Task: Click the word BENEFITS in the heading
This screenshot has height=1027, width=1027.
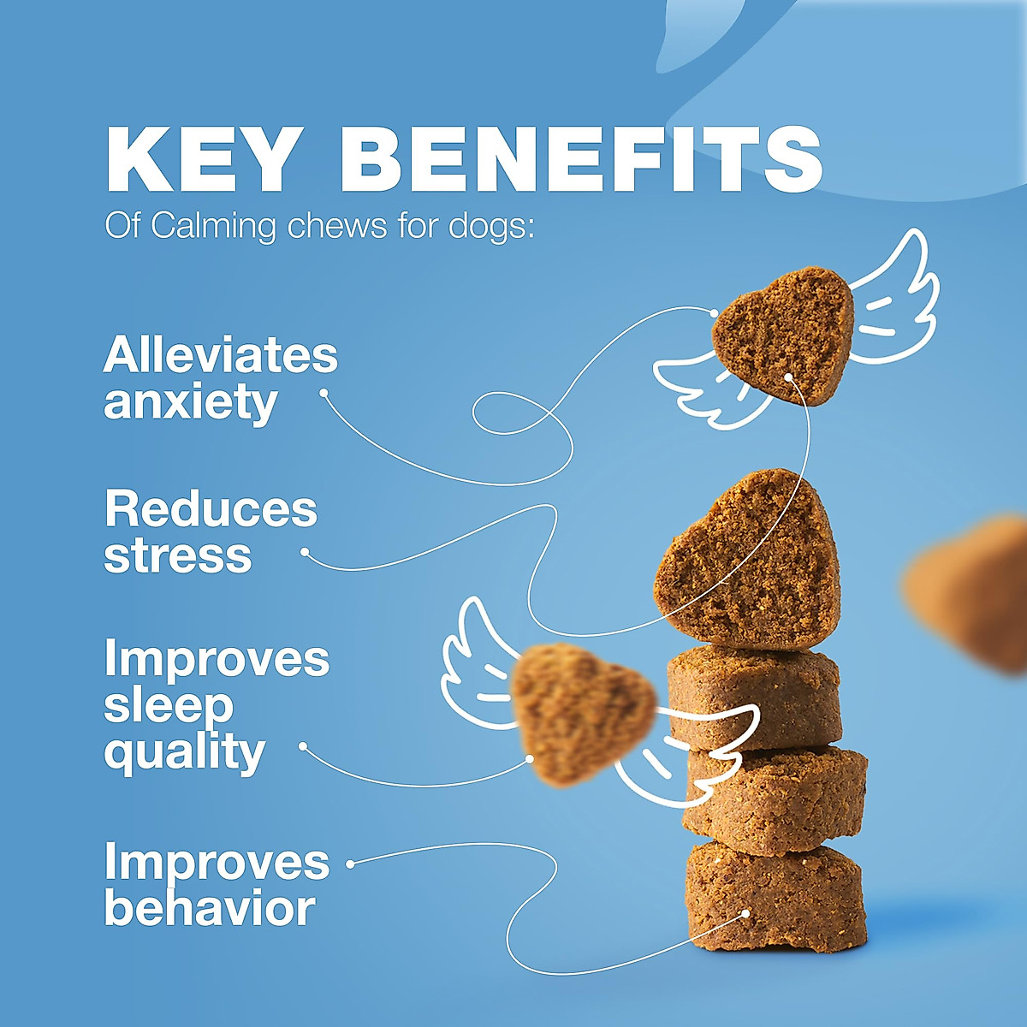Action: point(582,160)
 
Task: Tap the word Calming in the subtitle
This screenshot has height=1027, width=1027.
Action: point(214,227)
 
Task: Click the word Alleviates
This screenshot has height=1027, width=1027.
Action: point(221,354)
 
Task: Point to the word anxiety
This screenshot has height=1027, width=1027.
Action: point(190,402)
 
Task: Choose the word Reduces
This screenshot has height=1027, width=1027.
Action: point(211,509)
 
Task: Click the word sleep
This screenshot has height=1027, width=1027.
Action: point(169,705)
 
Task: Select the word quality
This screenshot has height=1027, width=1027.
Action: point(184,753)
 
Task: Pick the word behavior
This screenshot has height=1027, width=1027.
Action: point(210,909)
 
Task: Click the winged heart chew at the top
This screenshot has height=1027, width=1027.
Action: point(783,334)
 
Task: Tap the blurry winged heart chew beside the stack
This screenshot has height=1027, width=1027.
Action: point(582,715)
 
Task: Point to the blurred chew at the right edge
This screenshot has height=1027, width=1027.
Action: point(971,591)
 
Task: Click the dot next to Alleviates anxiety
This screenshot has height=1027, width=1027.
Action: point(324,393)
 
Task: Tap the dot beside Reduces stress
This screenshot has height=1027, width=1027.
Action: point(305,553)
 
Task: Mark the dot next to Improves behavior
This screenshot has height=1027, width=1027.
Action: point(350,864)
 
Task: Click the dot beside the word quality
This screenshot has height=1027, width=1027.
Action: point(302,746)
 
